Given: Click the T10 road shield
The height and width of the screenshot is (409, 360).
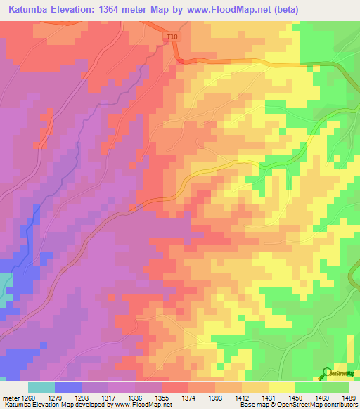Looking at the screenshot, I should click(172, 37).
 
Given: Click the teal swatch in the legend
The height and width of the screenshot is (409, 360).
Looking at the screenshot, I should click(41, 387).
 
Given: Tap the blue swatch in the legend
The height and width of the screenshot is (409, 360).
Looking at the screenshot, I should click(68, 387).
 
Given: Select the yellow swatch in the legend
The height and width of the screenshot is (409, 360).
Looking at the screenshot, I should click(282, 387).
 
